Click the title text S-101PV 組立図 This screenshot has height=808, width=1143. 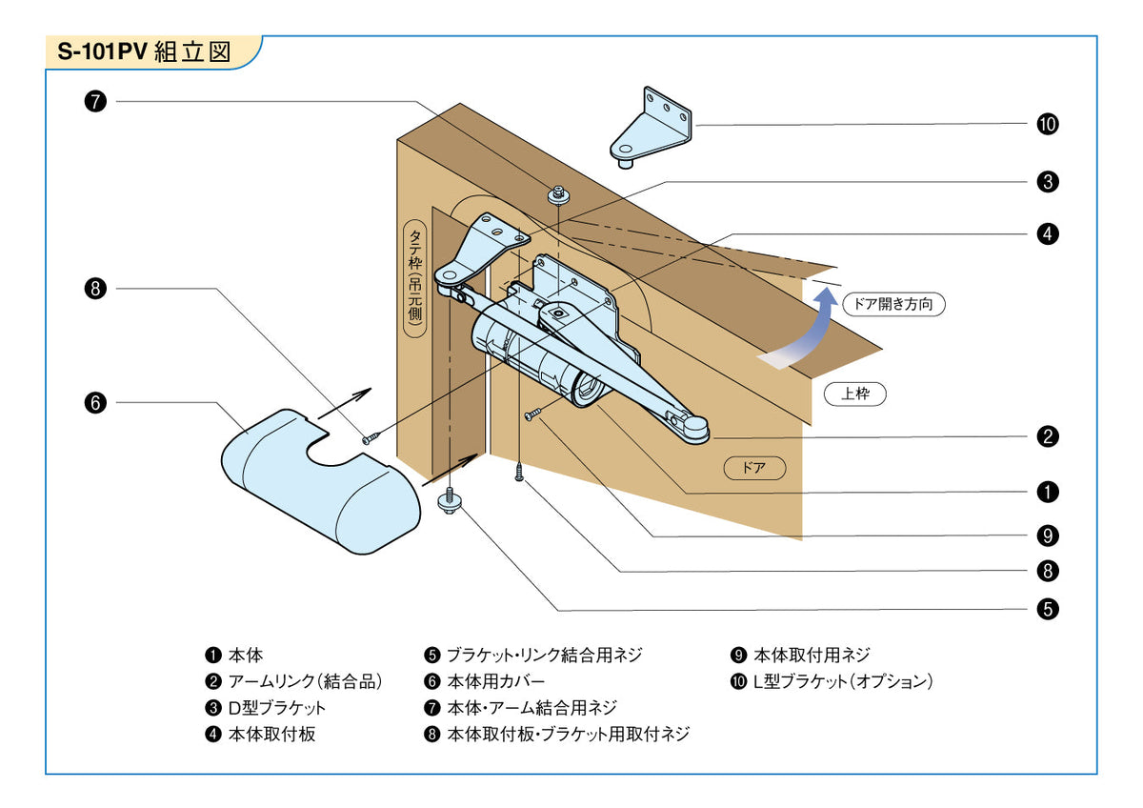[x=145, y=52]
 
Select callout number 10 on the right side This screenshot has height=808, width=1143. [x=1047, y=125]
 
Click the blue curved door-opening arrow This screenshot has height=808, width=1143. [x=805, y=333]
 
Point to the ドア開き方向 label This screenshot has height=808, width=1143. [x=893, y=305]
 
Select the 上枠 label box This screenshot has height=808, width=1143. [x=854, y=394]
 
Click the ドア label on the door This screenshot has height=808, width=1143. [x=753, y=468]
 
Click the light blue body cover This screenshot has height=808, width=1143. [x=319, y=481]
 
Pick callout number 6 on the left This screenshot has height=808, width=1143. [x=95, y=403]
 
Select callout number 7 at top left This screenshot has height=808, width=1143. [x=95, y=102]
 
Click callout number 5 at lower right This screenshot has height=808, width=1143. [x=1047, y=609]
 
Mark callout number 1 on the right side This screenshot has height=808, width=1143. [x=1047, y=492]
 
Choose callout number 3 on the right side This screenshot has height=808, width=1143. [x=1047, y=181]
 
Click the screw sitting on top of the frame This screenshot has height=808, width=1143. [x=557, y=196]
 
